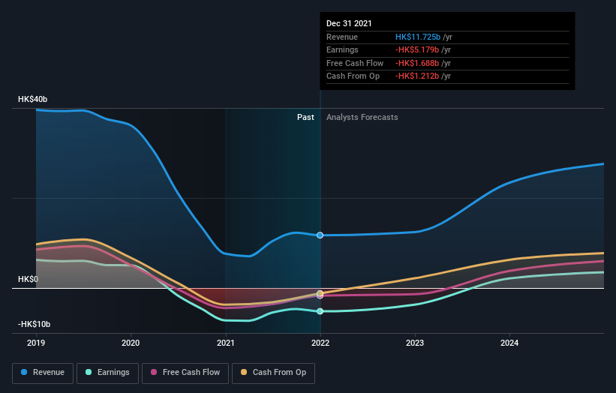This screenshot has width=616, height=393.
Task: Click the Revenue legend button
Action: tap(43, 372)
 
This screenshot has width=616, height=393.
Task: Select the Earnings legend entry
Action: tap(108, 372)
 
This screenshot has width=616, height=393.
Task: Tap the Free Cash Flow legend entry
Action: tap(185, 372)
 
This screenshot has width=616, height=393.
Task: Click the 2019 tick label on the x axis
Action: tap(36, 343)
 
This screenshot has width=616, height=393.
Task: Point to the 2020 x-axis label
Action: tap(131, 343)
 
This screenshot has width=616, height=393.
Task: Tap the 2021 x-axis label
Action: tap(226, 343)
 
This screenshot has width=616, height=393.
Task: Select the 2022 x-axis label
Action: tap(320, 343)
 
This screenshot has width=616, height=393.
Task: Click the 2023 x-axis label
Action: tap(415, 343)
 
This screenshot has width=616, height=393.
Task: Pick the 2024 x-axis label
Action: tap(509, 343)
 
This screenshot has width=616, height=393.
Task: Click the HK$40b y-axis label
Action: tap(33, 100)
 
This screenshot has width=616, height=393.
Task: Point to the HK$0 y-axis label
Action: tap(29, 279)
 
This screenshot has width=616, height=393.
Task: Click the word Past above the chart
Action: tap(305, 117)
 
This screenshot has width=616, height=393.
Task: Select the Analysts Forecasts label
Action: tap(362, 117)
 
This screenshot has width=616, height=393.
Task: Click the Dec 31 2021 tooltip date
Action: tap(349, 24)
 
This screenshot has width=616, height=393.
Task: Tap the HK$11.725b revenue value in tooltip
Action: tap(417, 37)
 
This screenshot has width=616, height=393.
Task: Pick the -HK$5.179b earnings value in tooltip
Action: tap(416, 50)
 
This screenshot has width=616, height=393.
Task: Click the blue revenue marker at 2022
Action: tap(320, 235)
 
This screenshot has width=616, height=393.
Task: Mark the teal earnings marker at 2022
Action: tap(320, 311)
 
